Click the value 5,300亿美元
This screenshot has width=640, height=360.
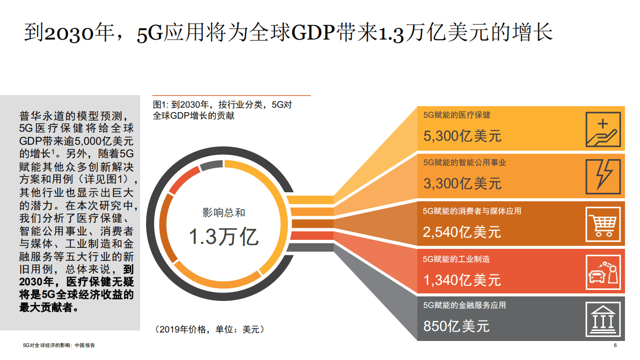[x=462, y=136]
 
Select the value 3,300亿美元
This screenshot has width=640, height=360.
[x=462, y=183]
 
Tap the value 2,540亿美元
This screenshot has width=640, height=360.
[x=461, y=232]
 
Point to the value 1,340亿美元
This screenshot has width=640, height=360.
[x=461, y=279]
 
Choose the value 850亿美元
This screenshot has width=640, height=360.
[x=456, y=326]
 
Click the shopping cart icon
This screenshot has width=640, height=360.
[x=602, y=224]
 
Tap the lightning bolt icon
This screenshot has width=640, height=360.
[x=602, y=176]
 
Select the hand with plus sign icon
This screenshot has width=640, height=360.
[x=602, y=129]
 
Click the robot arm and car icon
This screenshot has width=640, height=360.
[x=602, y=271]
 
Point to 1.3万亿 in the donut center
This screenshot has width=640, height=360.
[x=224, y=236]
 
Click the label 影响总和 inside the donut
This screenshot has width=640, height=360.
[x=224, y=213]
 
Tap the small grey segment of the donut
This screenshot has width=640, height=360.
[x=210, y=166]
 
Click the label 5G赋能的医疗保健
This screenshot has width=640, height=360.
[x=456, y=115]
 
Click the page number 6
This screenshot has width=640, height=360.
[x=615, y=345]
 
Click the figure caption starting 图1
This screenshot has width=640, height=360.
[x=222, y=110]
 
